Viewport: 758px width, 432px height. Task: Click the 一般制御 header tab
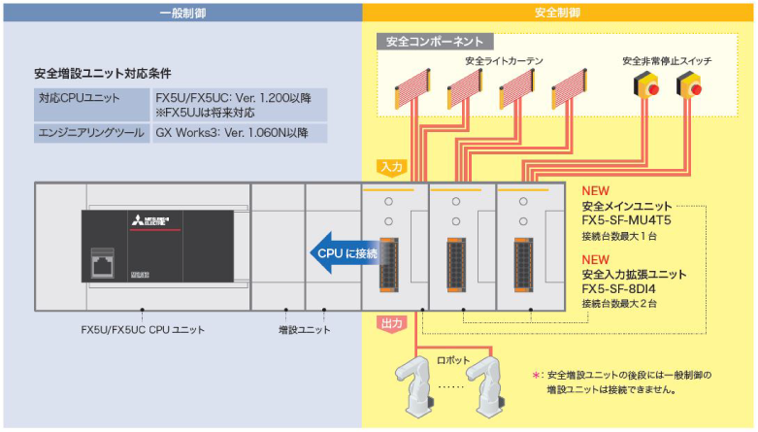(181, 12)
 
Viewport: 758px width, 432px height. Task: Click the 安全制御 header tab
(557, 12)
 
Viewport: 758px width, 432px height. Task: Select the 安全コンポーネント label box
(434, 42)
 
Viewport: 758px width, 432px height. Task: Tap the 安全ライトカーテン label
(504, 61)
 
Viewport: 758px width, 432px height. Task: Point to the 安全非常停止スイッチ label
(667, 61)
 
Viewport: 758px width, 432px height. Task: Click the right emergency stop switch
(695, 88)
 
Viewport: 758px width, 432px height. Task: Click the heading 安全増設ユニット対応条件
(103, 73)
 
